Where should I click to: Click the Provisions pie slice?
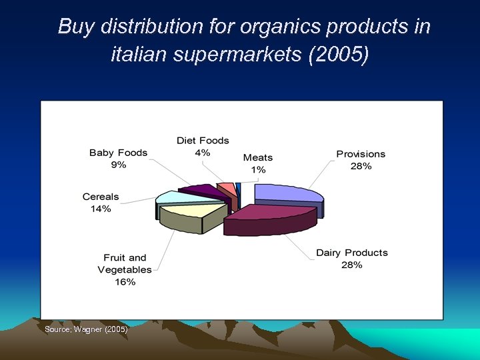pyautogui.click(x=287, y=193)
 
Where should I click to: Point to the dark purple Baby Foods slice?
pyautogui.click(x=203, y=191)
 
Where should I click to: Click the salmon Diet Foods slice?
pyautogui.click(x=227, y=187)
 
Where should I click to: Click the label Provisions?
pyautogui.click(x=361, y=154)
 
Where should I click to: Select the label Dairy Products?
pyautogui.click(x=351, y=253)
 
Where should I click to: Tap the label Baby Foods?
pyautogui.click(x=118, y=153)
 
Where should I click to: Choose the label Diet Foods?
pyautogui.click(x=203, y=141)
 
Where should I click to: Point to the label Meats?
pyautogui.click(x=258, y=157)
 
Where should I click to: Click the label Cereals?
pyautogui.click(x=101, y=197)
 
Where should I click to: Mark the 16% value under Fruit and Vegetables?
pyautogui.click(x=125, y=282)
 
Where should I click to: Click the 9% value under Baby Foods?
pyautogui.click(x=118, y=165)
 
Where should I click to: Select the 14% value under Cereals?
pyautogui.click(x=101, y=209)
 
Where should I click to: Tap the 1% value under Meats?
pyautogui.click(x=258, y=169)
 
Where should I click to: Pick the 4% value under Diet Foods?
pyautogui.click(x=203, y=153)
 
